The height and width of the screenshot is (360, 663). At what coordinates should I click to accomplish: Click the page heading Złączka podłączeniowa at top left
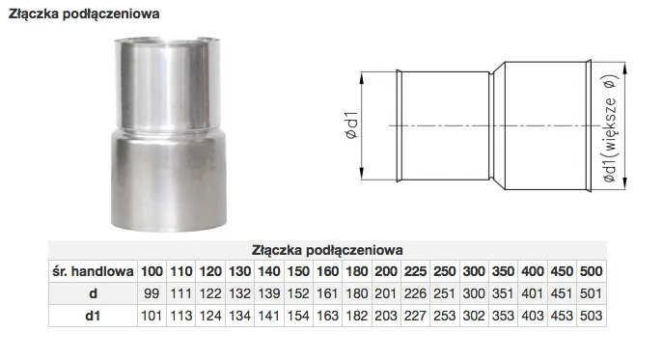point(84,14)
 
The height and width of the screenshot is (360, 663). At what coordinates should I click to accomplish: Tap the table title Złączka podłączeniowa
point(327,250)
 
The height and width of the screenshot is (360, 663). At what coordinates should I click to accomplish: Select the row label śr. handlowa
point(93,271)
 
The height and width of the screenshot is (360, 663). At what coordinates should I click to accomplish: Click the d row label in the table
point(93,293)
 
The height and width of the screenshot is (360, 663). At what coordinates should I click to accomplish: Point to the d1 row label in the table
point(93,316)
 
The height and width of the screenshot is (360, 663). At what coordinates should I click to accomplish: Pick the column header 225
point(415,271)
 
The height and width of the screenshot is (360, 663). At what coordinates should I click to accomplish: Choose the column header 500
point(592,271)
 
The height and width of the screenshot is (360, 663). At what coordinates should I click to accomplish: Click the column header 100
point(152,271)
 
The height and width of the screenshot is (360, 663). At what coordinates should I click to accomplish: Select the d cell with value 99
point(152,293)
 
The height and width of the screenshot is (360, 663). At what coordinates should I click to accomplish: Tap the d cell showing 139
point(269,293)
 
